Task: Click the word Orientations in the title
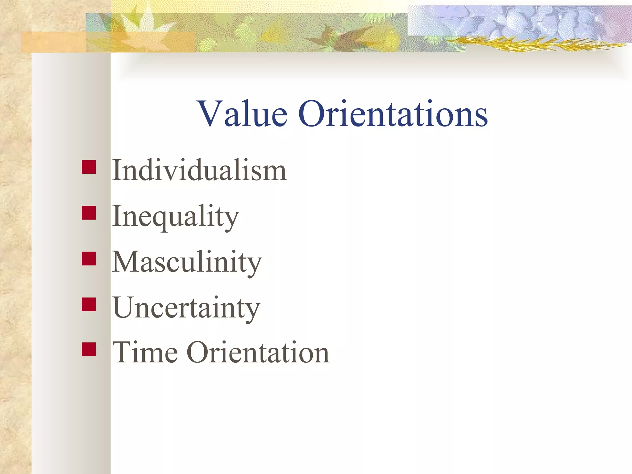pos(393,114)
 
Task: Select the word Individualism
pos(199,170)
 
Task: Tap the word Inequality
pos(175,216)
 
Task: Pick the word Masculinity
pos(187,262)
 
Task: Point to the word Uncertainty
pos(186,308)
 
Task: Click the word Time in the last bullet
pos(145,352)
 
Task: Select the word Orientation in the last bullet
pos(258,352)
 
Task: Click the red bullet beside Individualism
pos(89,167)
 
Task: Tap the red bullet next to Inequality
pos(89,213)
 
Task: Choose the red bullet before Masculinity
pos(89,259)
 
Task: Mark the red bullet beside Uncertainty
pos(89,304)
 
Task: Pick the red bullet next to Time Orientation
pos(89,349)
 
